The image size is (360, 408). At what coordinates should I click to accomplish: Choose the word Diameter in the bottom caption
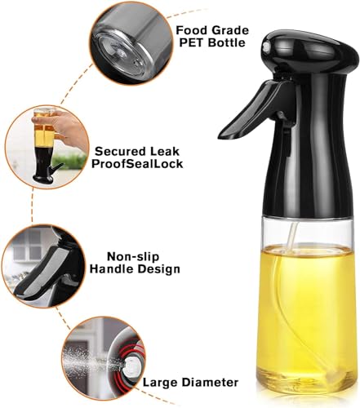click(x=210, y=381)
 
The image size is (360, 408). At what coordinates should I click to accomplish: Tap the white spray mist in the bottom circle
click(x=86, y=359)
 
